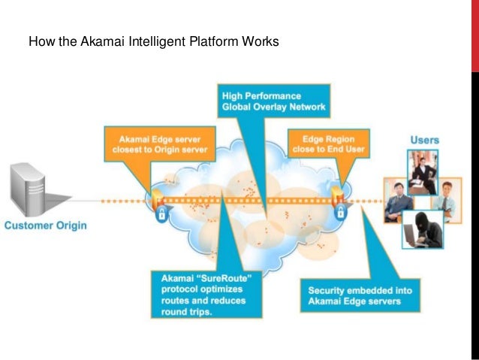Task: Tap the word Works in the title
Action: (261, 41)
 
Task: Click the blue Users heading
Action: (424, 140)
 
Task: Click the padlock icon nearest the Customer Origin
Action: (161, 214)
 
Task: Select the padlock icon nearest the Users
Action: (340, 214)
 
